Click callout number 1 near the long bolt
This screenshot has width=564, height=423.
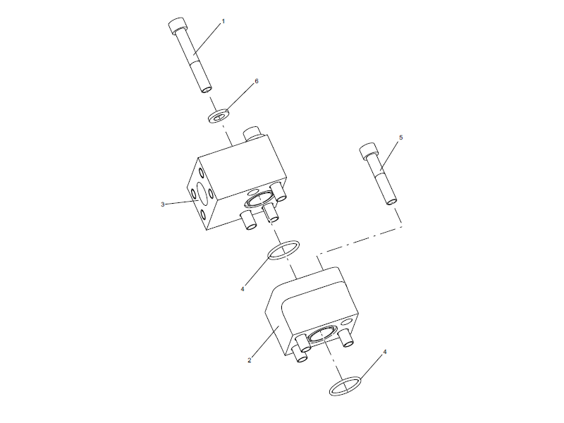[223, 22]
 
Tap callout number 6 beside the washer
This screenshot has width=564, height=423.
[257, 81]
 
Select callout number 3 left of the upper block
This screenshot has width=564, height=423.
[163, 204]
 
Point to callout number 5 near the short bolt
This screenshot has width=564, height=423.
[400, 138]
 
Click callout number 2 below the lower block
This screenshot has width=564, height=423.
[250, 360]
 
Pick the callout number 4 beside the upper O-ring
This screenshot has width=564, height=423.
[242, 288]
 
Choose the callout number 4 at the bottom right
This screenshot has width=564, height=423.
[384, 350]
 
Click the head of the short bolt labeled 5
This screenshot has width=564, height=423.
[368, 150]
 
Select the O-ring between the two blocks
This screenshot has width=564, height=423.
[282, 249]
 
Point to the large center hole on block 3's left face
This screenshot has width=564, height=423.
[206, 192]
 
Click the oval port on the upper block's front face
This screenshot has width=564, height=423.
[259, 200]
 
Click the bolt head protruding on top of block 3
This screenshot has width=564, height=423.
[252, 133]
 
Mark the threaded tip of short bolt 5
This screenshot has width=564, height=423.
[391, 200]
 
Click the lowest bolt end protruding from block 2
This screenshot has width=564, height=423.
[301, 355]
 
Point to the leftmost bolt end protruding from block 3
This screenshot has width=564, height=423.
[248, 223]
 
